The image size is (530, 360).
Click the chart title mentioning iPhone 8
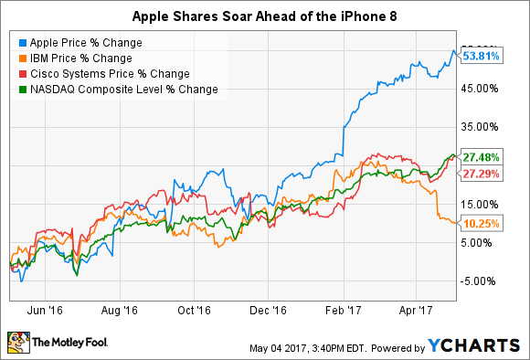click(x=265, y=16)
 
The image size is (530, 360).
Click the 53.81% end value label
click(x=481, y=56)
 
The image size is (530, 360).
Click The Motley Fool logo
click(x=55, y=343)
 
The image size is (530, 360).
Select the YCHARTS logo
click(x=475, y=346)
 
